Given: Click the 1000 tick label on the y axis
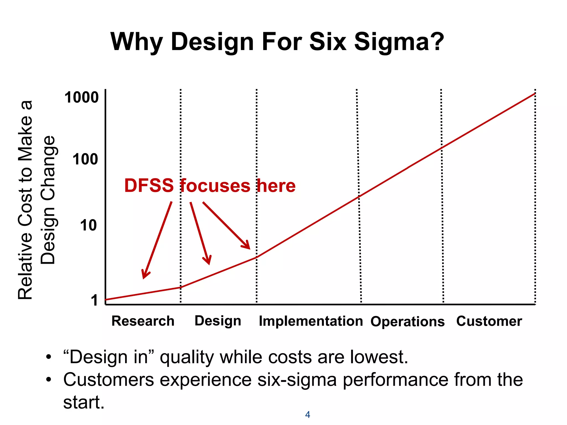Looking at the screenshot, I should point(81,97).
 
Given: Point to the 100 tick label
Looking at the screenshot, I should point(85,159).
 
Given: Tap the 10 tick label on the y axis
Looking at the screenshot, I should point(88,225).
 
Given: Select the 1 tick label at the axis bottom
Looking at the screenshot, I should point(94,300).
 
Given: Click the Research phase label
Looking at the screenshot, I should point(143,321).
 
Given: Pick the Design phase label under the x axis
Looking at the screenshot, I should point(218,321).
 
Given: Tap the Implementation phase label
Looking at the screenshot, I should point(311,321).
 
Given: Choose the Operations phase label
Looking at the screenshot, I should point(408,322).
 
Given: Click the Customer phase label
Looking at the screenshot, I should point(489,321).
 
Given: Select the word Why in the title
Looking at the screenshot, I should point(136,42).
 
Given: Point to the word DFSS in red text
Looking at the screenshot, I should point(149,186).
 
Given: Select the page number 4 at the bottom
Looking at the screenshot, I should point(307,414).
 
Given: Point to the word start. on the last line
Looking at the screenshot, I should point(84,402).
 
